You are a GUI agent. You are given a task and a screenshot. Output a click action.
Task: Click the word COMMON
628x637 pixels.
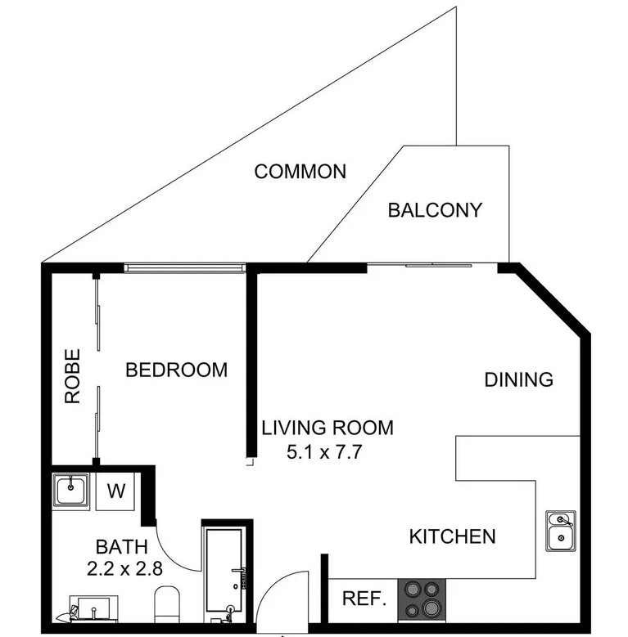300,172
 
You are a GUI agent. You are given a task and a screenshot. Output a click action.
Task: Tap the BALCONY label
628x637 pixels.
435,210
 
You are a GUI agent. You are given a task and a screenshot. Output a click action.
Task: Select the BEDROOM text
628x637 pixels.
176,370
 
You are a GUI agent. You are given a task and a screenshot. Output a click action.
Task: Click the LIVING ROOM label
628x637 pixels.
328,428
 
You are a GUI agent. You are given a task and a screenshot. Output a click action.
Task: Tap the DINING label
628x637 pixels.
519,379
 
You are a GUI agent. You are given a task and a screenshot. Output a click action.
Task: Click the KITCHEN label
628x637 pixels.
452,536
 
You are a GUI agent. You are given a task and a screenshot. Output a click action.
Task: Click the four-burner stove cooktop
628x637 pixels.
422,599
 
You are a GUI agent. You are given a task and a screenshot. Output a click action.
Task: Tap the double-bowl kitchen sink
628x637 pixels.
561,531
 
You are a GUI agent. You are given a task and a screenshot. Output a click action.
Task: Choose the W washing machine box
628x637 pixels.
117,491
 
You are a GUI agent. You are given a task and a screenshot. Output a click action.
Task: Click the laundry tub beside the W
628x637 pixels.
72,491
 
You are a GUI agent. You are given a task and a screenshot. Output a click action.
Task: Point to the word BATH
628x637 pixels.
122,547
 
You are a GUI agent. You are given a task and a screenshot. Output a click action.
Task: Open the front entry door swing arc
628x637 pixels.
278,593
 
